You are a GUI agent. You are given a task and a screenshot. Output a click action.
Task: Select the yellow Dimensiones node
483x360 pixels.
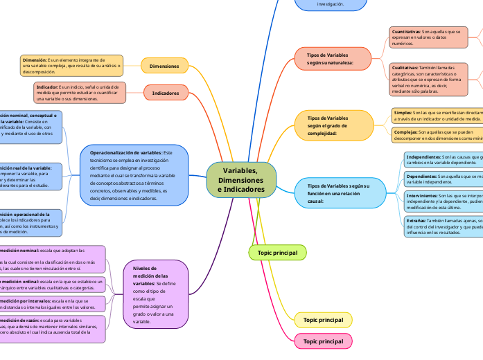[x=164, y=66]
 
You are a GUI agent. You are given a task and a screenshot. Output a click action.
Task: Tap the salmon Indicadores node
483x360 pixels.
[x=165, y=93]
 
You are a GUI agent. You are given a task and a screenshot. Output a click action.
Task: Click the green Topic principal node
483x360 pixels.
[x=277, y=253]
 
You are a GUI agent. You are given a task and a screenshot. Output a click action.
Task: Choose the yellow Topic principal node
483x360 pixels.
[x=323, y=320]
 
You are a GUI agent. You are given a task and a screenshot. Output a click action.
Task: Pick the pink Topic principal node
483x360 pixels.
[x=323, y=341]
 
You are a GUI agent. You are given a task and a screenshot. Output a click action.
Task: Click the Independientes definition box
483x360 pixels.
[x=443, y=161]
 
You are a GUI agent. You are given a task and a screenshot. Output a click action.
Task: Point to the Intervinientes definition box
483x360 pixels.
[x=443, y=201]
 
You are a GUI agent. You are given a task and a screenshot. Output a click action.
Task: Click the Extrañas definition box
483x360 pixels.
[x=443, y=226]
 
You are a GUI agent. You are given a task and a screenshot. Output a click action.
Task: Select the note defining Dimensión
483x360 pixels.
[x=72, y=66]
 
